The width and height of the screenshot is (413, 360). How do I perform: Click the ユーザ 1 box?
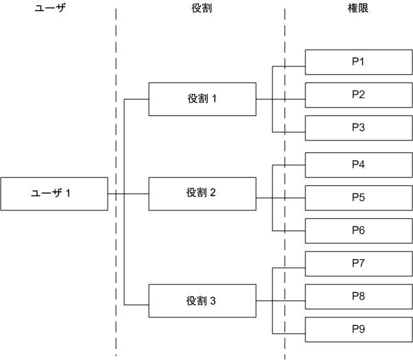point(54,193)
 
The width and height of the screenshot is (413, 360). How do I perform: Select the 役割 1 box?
point(202,99)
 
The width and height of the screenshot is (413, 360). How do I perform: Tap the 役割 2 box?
point(202,193)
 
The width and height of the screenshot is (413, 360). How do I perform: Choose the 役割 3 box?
point(202,302)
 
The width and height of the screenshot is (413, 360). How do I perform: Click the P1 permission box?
point(357,62)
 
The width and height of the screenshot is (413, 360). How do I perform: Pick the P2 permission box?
point(357,95)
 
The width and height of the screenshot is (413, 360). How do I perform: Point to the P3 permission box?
point(357,128)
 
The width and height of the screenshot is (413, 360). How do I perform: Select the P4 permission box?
point(357,165)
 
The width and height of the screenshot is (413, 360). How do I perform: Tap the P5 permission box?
point(357,198)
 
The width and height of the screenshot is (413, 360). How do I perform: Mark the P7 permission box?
point(357,264)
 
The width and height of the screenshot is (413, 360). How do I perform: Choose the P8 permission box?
point(357,297)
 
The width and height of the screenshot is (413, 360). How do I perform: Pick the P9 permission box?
point(357,330)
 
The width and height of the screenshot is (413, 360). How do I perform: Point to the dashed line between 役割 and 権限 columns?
point(285,41)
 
